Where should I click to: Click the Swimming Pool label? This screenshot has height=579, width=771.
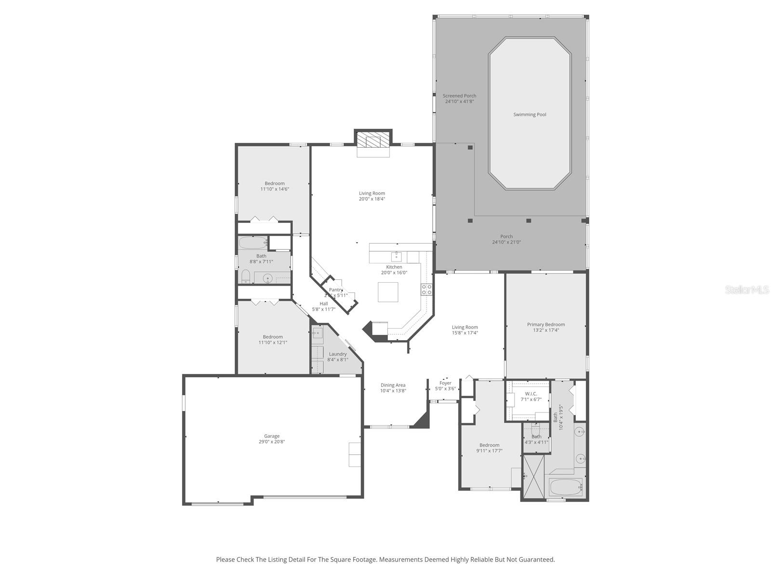pyautogui.click(x=530, y=115)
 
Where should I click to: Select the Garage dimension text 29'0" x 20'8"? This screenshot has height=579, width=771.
pyautogui.click(x=272, y=442)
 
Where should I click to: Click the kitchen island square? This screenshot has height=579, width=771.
pyautogui.click(x=388, y=292)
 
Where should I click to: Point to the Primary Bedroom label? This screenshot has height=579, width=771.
pyautogui.click(x=545, y=325)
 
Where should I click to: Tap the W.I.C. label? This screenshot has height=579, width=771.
pyautogui.click(x=531, y=394)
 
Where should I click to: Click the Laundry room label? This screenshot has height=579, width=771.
pyautogui.click(x=337, y=354)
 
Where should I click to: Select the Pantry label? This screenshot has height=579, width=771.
pyautogui.click(x=336, y=290)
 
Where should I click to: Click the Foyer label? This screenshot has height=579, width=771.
pyautogui.click(x=445, y=383)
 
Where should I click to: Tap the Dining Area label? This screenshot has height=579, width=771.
pyautogui.click(x=393, y=385)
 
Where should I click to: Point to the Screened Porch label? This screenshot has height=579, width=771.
pyautogui.click(x=459, y=96)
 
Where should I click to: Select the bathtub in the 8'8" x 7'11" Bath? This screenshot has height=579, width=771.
pyautogui.click(x=253, y=242)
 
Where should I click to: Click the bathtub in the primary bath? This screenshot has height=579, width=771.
pyautogui.click(x=566, y=487)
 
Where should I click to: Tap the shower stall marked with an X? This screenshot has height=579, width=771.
pyautogui.click(x=533, y=476)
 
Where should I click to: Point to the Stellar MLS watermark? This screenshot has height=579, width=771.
pyautogui.click(x=747, y=289)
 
